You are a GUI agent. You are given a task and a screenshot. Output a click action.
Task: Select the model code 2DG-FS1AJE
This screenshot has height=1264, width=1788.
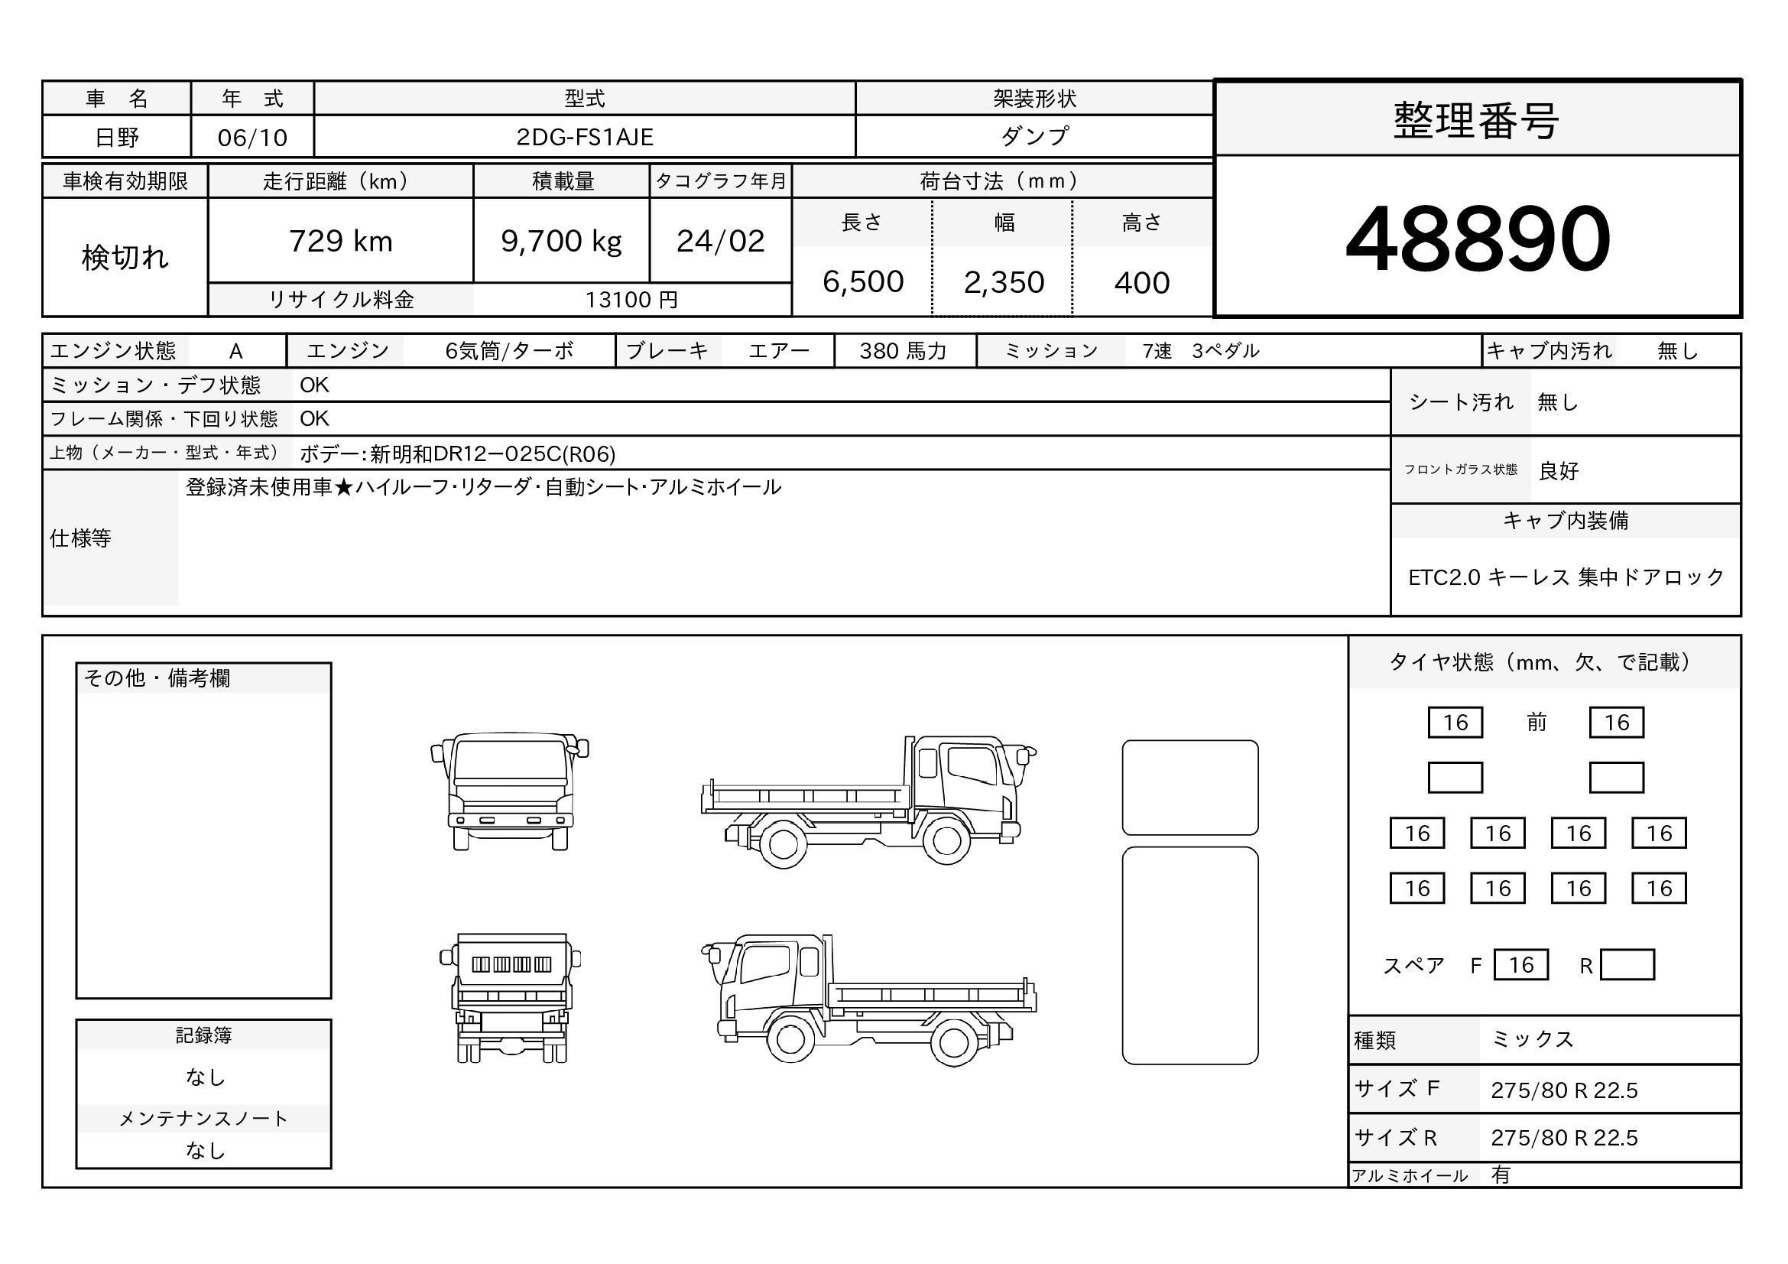point(585,137)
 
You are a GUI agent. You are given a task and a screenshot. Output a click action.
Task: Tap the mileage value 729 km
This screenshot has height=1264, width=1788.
point(341,242)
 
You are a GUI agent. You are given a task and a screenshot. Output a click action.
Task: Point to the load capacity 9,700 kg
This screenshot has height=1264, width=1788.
point(562,242)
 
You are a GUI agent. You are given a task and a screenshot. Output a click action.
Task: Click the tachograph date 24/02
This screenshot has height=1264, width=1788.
point(721,242)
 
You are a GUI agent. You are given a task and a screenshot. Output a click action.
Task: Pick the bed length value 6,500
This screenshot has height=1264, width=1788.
point(863,282)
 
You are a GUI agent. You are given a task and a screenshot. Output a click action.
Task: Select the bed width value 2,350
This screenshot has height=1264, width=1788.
point(1004,282)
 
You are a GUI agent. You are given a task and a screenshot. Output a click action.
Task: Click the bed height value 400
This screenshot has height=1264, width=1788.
point(1141,283)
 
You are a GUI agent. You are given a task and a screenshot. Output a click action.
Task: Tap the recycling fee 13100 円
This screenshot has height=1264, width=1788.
point(631,300)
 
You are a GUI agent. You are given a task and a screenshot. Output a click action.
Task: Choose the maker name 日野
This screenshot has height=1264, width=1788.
point(117,138)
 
